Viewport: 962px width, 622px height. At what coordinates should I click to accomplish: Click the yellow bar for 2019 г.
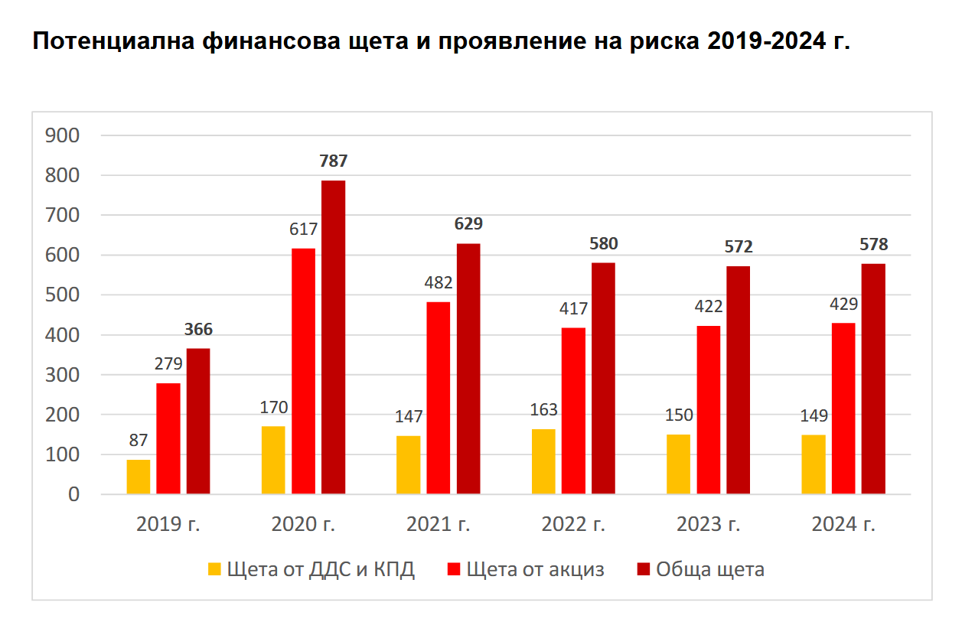click(x=139, y=477)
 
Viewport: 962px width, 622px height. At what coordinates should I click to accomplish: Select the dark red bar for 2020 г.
click(x=333, y=337)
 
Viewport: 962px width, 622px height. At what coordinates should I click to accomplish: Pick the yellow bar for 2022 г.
click(x=543, y=461)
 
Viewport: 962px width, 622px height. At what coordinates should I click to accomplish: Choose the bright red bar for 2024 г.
click(x=843, y=409)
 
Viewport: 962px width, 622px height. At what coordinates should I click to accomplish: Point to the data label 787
click(x=333, y=161)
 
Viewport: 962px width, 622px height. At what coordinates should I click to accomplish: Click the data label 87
click(x=139, y=441)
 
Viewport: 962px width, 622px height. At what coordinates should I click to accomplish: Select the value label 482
click(x=439, y=283)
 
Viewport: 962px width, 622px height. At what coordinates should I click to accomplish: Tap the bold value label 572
click(x=739, y=247)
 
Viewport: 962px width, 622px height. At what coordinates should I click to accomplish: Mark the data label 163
click(x=543, y=410)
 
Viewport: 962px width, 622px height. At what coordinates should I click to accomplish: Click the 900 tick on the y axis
click(x=63, y=135)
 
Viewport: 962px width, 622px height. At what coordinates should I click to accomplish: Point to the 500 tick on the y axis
click(x=63, y=295)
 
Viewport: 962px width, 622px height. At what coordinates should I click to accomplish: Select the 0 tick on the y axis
click(x=73, y=495)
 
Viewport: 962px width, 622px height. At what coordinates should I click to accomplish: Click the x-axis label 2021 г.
click(x=439, y=525)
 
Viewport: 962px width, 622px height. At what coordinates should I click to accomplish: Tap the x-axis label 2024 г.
click(x=843, y=525)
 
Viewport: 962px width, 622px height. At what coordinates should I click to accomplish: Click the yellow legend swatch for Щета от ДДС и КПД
click(x=214, y=570)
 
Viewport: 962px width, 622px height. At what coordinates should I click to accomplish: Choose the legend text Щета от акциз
click(x=535, y=570)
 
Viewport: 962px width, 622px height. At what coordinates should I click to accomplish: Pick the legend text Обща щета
click(x=709, y=570)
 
